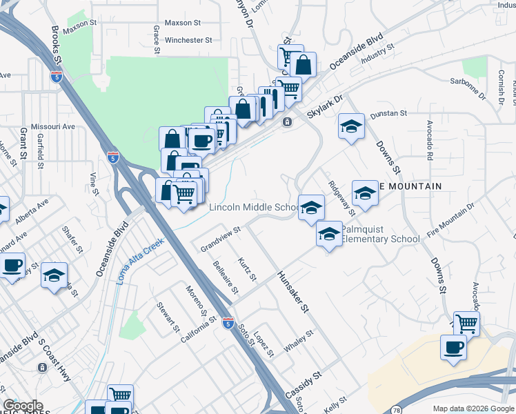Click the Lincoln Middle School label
point(252,208)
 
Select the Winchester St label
point(183,41)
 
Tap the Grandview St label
point(220,239)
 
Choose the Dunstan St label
point(388,115)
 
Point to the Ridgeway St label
point(341,197)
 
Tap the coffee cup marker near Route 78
point(453,347)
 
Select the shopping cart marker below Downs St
point(467,322)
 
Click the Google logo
point(23,406)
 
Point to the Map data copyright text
point(473,408)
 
